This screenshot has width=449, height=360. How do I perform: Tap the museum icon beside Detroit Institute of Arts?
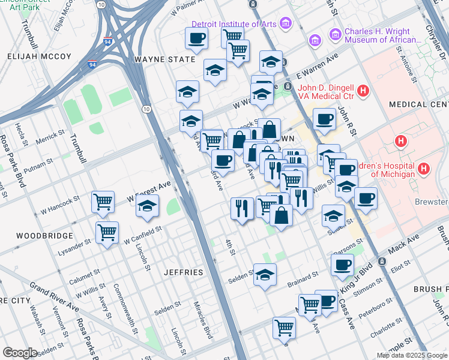pos(286,24)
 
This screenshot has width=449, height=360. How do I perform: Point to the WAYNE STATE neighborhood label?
pos(165,59)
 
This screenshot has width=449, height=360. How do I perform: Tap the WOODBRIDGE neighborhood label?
pos(37,236)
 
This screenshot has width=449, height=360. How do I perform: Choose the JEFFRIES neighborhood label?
pos(184,272)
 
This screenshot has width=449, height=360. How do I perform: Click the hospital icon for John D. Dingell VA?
pos(363,91)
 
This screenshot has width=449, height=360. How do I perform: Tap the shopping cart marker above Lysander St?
pos(107,232)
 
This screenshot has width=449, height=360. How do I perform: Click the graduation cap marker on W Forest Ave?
pos(147,206)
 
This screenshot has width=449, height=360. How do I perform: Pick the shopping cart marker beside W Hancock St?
pos(103,202)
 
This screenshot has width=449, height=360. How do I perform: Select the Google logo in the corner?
pos(20,353)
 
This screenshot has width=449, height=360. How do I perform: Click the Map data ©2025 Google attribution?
pos(411,355)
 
